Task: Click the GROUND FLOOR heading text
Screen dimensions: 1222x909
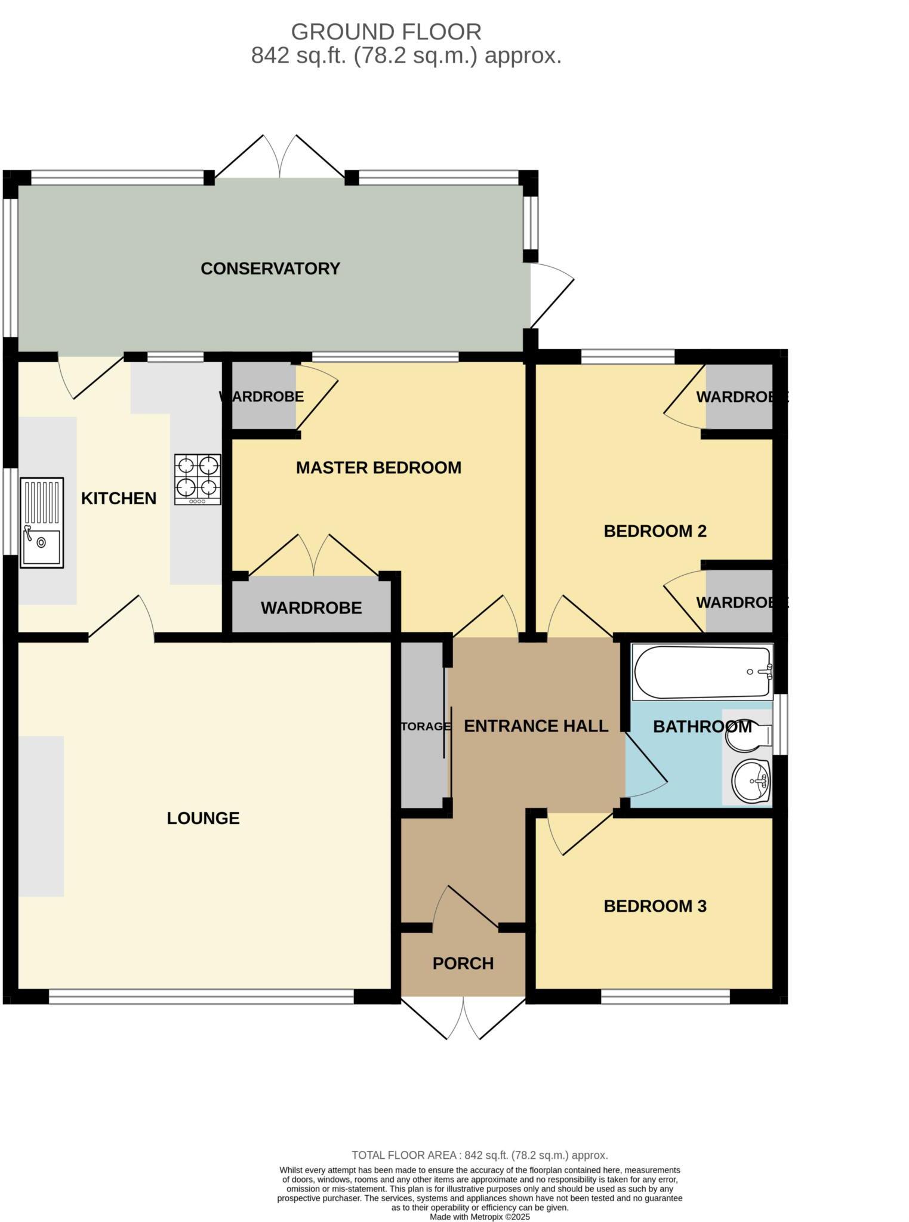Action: tap(386, 31)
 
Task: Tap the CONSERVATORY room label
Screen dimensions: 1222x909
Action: tap(270, 269)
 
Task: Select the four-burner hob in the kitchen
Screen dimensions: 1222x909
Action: tap(198, 479)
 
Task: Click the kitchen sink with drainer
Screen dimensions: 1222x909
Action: tap(42, 523)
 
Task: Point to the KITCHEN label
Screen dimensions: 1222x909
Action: tap(119, 498)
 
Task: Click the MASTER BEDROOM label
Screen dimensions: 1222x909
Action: tap(378, 468)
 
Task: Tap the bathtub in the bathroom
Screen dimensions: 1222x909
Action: tap(702, 672)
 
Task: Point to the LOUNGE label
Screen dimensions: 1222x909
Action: tap(203, 818)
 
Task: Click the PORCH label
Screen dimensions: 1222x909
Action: tap(463, 964)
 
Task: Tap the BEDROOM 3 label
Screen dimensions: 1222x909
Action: tap(655, 906)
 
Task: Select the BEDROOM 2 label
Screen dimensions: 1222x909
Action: tap(655, 531)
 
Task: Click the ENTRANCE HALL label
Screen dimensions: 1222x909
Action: tap(535, 726)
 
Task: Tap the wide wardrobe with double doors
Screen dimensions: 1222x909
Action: tap(311, 607)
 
